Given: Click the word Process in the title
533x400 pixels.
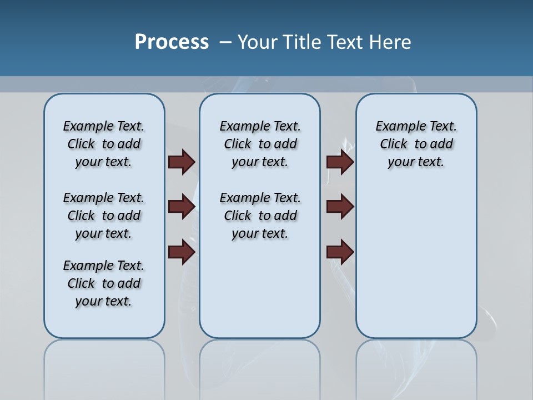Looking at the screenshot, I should (x=172, y=42).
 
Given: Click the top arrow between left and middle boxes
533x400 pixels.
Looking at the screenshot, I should (x=182, y=162).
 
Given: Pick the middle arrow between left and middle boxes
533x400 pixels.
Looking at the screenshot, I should (x=182, y=207).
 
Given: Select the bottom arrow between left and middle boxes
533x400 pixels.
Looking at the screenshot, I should (x=182, y=252).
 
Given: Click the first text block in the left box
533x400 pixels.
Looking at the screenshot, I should (x=104, y=144).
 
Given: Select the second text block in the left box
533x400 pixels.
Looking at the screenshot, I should (x=104, y=216).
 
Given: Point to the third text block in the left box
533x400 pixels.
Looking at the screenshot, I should (x=104, y=283).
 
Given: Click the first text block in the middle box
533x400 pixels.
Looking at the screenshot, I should (x=260, y=144).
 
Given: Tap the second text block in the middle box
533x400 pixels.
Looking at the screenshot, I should (x=260, y=216).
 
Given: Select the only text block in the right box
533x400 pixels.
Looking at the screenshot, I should (x=416, y=144).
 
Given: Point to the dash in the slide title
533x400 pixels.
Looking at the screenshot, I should (x=225, y=42).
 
